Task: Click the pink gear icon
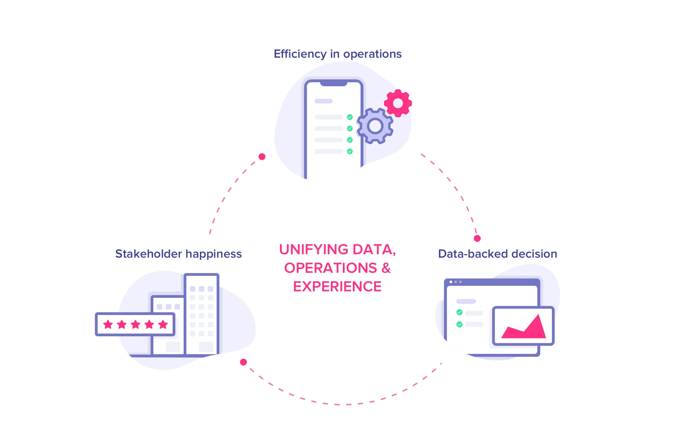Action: [398, 103]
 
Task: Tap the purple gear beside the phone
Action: [375, 126]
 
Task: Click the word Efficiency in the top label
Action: [300, 54]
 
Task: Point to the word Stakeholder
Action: [148, 254]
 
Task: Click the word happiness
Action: [214, 254]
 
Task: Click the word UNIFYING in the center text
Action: [314, 249]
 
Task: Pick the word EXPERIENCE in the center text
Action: [337, 287]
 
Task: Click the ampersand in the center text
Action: [386, 268]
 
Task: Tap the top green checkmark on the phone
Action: [350, 117]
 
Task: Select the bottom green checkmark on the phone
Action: [350, 151]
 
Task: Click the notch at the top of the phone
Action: [334, 83]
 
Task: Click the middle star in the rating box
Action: [135, 324]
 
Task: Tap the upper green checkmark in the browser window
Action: [459, 312]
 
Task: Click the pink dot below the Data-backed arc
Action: [477, 238]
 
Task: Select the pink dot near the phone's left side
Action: [262, 157]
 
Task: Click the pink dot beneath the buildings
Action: [243, 362]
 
